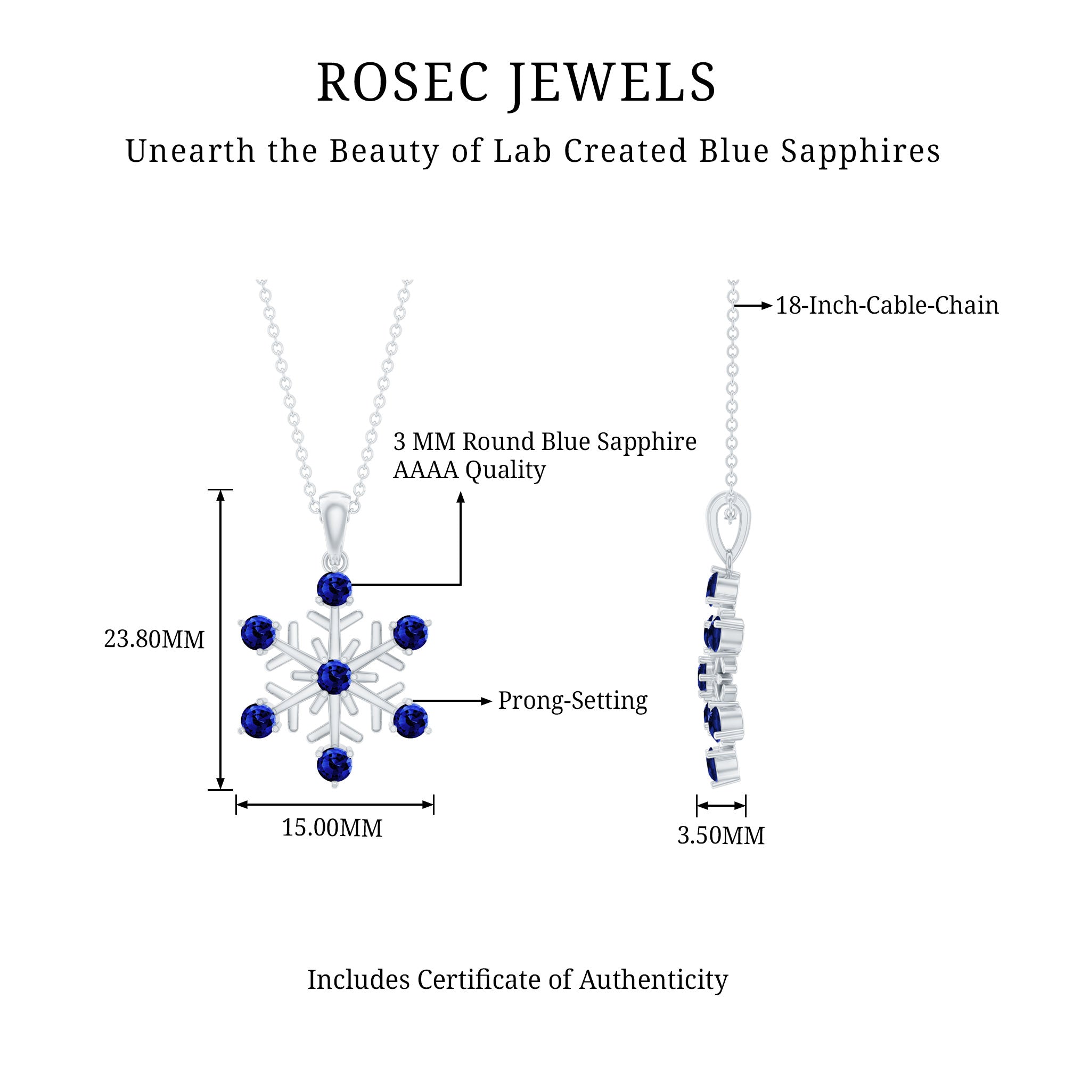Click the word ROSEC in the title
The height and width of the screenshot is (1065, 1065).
(x=403, y=83)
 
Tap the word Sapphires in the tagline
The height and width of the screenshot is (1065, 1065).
(x=861, y=151)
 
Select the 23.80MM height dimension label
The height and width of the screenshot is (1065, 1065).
(x=154, y=640)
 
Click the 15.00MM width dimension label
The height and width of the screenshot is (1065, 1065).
(x=332, y=829)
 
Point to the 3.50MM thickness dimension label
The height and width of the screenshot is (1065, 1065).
(x=720, y=836)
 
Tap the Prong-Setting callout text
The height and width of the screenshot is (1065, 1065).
(x=573, y=701)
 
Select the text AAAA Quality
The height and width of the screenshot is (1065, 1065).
(x=469, y=470)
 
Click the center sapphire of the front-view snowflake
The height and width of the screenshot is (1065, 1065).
(x=334, y=676)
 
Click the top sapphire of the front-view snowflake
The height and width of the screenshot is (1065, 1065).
(x=334, y=589)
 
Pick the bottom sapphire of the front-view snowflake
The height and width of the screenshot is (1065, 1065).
(x=334, y=765)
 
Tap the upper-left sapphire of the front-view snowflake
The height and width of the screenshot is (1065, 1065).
(x=258, y=633)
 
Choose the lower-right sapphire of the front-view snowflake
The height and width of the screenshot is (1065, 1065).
(x=411, y=720)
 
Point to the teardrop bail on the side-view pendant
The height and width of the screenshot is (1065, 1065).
(x=728, y=523)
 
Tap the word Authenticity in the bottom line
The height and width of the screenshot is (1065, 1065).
(x=653, y=979)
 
